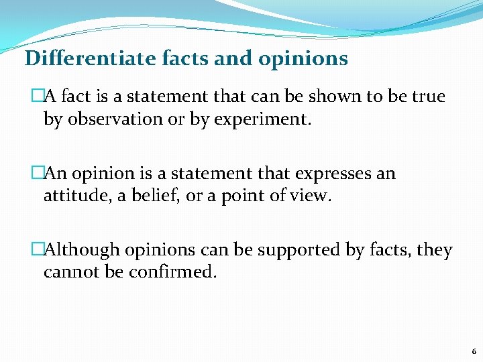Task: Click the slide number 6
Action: point(474,351)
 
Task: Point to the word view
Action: point(315,196)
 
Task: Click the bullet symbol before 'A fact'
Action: point(38,97)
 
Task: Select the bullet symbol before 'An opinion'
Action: point(38,174)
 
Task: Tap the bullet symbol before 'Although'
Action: point(38,250)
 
